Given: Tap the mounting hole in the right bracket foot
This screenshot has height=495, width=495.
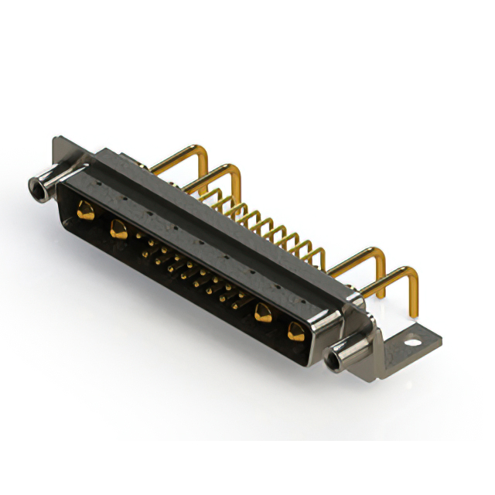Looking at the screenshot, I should coord(415,339).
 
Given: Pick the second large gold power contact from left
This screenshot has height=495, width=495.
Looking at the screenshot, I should coord(118,227).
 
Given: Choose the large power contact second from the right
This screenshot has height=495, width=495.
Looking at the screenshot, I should coord(263,313).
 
